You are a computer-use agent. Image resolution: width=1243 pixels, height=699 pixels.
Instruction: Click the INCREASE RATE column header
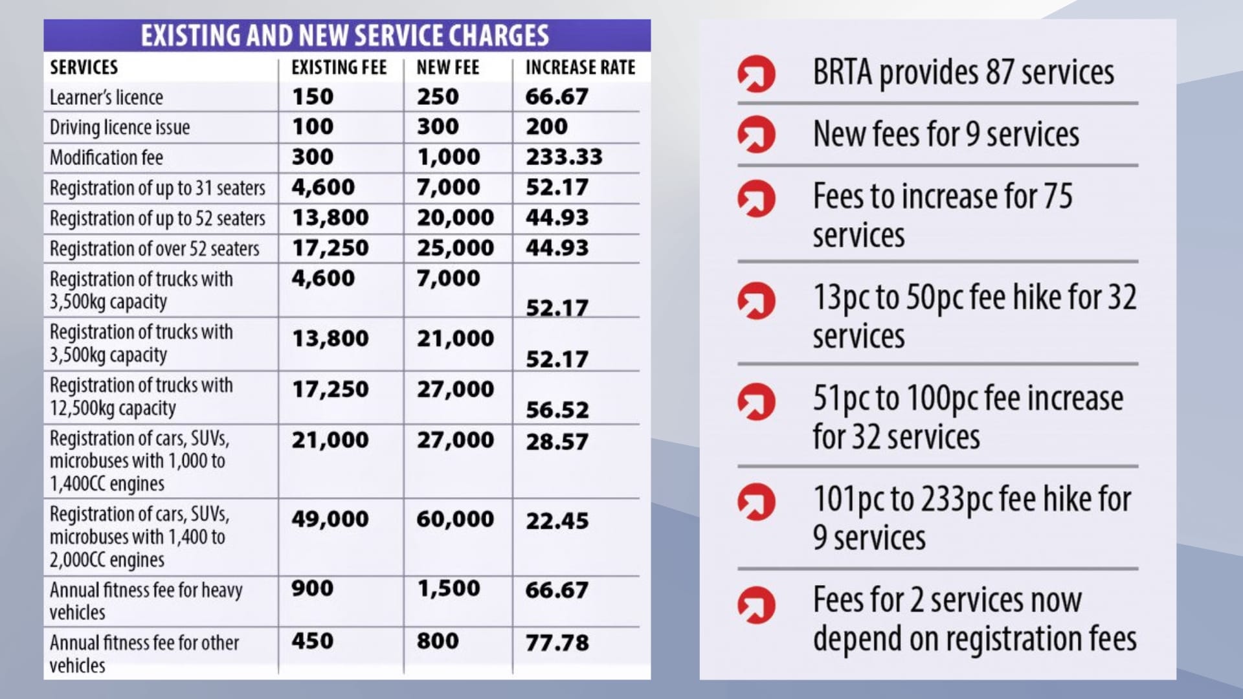[x=580, y=67]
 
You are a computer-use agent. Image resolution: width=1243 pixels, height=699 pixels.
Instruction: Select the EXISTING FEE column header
[x=339, y=67]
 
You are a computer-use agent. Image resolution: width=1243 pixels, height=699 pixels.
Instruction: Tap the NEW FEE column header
[x=447, y=67]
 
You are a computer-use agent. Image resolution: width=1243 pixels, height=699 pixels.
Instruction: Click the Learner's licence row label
[x=106, y=98]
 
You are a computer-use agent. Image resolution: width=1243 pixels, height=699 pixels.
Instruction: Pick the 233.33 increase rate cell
[x=564, y=157]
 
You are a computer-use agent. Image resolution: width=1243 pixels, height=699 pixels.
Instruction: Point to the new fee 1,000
[x=448, y=157]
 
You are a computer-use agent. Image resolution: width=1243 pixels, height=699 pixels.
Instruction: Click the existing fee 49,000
[x=330, y=518]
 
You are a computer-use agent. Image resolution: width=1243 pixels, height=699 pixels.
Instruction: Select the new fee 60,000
[x=455, y=518]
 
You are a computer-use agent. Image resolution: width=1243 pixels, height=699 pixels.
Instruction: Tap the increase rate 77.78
[x=557, y=643]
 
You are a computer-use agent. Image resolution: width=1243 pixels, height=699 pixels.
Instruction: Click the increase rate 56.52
[x=557, y=410]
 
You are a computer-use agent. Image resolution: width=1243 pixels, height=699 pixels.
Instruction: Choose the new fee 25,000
[x=455, y=247]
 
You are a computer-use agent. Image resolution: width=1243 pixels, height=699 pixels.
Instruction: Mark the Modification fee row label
[x=106, y=158]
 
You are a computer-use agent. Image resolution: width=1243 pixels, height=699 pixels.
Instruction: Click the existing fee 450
[x=312, y=641]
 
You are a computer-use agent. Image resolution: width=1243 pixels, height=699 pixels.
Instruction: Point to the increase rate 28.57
[x=557, y=441]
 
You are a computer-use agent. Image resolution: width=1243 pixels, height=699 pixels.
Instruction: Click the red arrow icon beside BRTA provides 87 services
[x=756, y=74]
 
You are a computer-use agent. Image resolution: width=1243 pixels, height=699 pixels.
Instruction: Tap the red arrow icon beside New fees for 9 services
[x=756, y=135]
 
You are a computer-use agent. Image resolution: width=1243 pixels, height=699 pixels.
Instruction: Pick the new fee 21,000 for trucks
[x=455, y=338]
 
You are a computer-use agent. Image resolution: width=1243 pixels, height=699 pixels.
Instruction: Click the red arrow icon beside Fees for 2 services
[x=756, y=605]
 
